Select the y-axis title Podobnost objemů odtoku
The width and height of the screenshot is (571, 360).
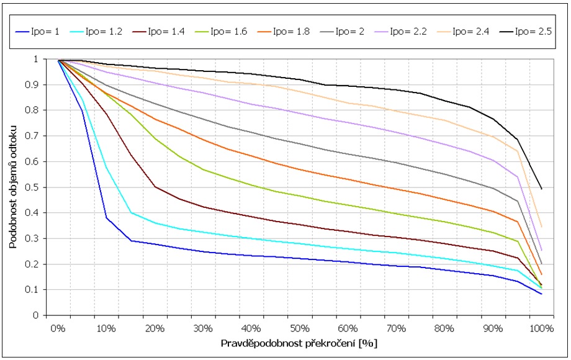(13, 186)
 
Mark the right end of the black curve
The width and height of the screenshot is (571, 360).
(542, 189)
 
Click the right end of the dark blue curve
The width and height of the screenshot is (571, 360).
(542, 294)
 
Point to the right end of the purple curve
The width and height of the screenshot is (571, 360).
(542, 250)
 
